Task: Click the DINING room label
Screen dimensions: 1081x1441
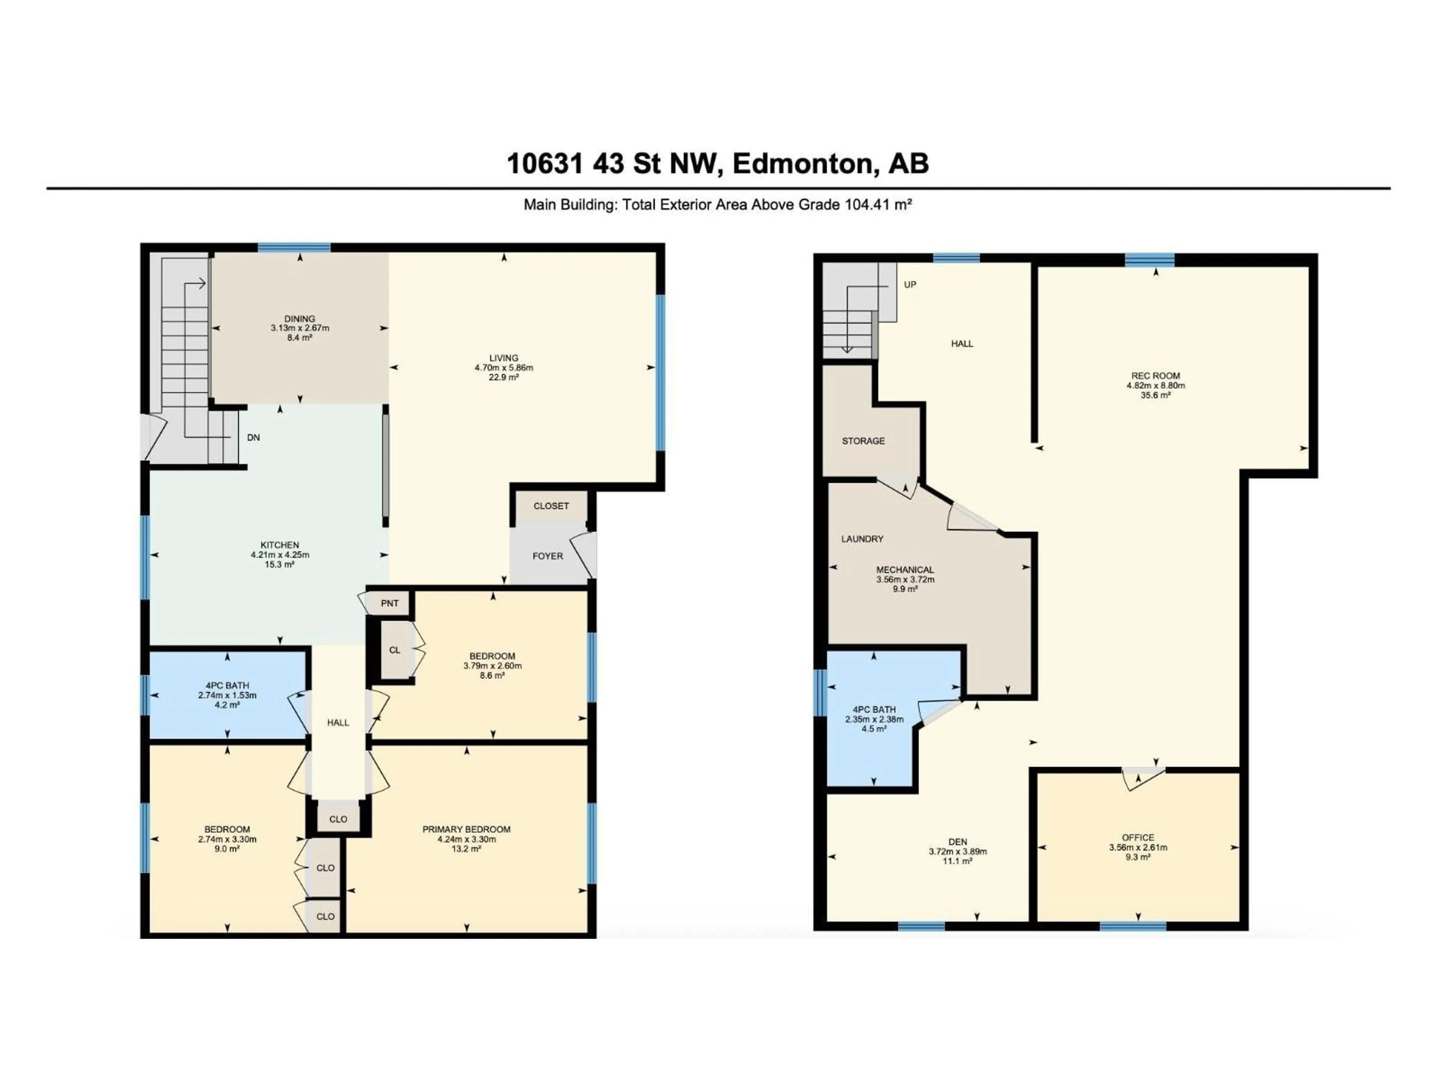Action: click(x=300, y=319)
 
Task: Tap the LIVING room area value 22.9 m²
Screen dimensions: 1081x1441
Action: click(x=504, y=377)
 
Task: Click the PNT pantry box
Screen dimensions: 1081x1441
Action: click(x=390, y=604)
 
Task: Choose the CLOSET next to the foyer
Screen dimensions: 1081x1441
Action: click(x=551, y=506)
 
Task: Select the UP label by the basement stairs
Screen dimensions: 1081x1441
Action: click(x=910, y=285)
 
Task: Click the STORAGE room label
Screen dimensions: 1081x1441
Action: click(x=863, y=441)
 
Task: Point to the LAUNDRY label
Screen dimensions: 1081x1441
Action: click(x=862, y=539)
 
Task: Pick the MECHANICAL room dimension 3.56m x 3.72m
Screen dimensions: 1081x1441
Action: click(x=905, y=579)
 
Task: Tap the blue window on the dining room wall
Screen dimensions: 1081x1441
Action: click(x=294, y=248)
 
